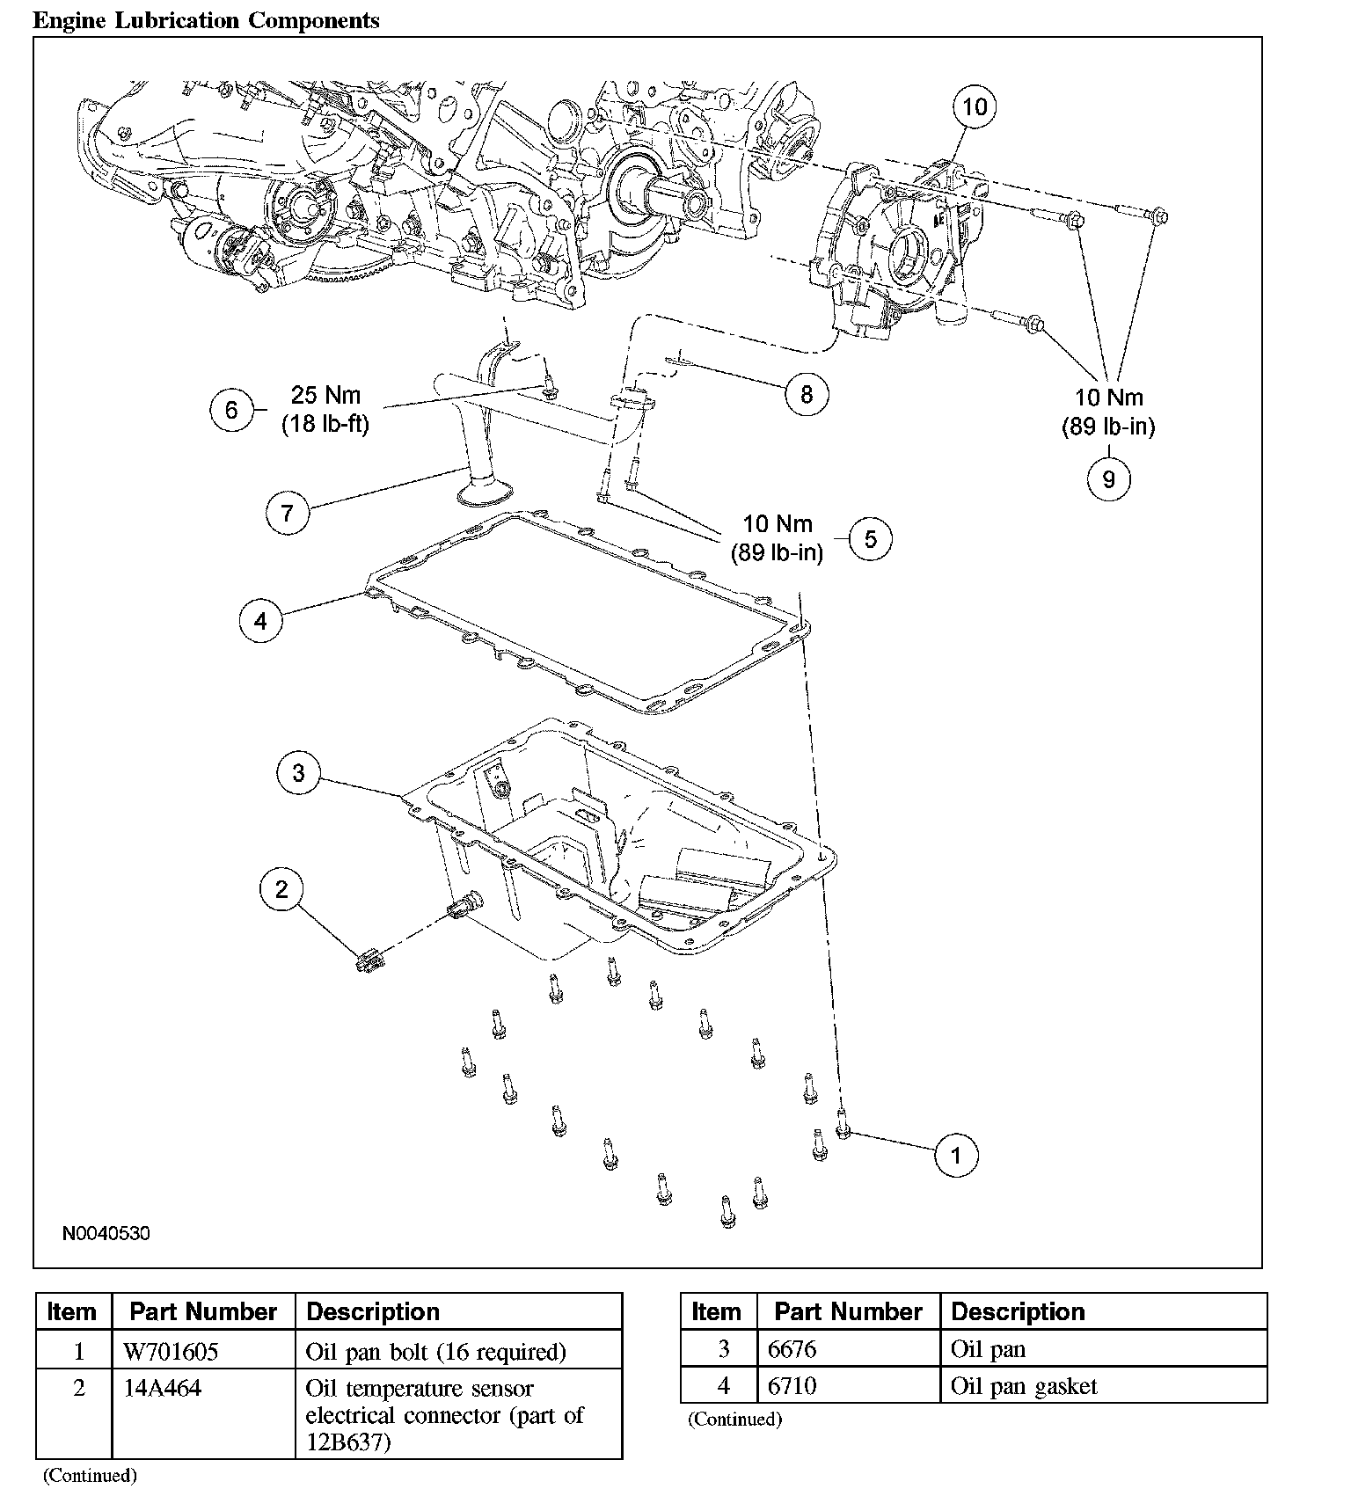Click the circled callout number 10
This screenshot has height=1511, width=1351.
coord(975,107)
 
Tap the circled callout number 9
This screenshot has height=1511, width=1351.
coord(1108,479)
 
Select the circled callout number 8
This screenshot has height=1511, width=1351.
coord(806,394)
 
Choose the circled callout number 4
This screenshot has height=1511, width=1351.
coord(260,622)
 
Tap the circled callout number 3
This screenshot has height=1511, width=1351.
coord(298,773)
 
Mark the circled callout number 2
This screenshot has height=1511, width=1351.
coord(281,889)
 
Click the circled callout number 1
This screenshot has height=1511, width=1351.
coord(956,1155)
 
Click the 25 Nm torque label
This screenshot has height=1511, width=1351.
coord(325,395)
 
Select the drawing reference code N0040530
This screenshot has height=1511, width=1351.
coord(106,1234)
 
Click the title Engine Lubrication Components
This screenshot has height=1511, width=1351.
coord(207,20)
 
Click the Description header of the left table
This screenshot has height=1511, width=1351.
coord(373,1312)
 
